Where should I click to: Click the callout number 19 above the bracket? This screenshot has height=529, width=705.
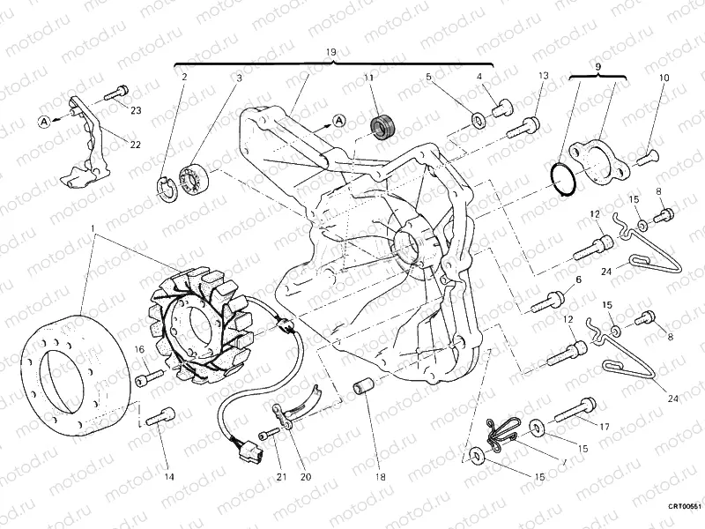pyautogui.click(x=331, y=54)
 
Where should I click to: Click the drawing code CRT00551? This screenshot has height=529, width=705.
pyautogui.click(x=682, y=507)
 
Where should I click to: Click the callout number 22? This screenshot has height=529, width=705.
pyautogui.click(x=136, y=145)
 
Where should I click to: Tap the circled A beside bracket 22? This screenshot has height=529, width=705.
pyautogui.click(x=44, y=119)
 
